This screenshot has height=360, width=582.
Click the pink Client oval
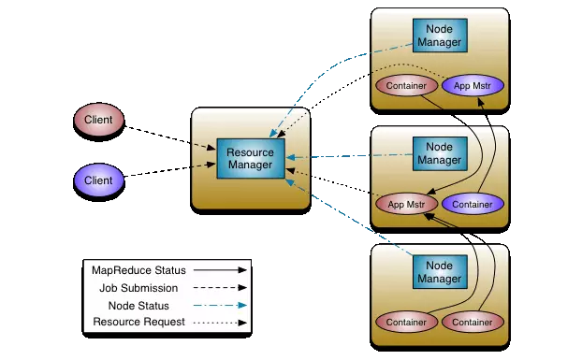pos(98,120)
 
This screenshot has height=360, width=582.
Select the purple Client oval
pos(98,180)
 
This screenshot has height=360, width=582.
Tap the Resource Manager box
pos(250,157)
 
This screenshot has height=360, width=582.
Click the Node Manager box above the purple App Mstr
pos(439,36)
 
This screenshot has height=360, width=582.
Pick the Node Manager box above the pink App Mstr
pos(439,153)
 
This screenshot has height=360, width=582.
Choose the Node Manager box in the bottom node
pos(439,272)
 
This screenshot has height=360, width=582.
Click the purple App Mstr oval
pos(473,86)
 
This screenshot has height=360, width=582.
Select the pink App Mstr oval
pos(405,204)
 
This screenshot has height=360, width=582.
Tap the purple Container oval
pos(473,204)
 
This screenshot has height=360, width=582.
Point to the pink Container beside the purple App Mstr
pos(405,86)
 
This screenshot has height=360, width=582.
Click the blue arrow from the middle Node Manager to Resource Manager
pos(346,156)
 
